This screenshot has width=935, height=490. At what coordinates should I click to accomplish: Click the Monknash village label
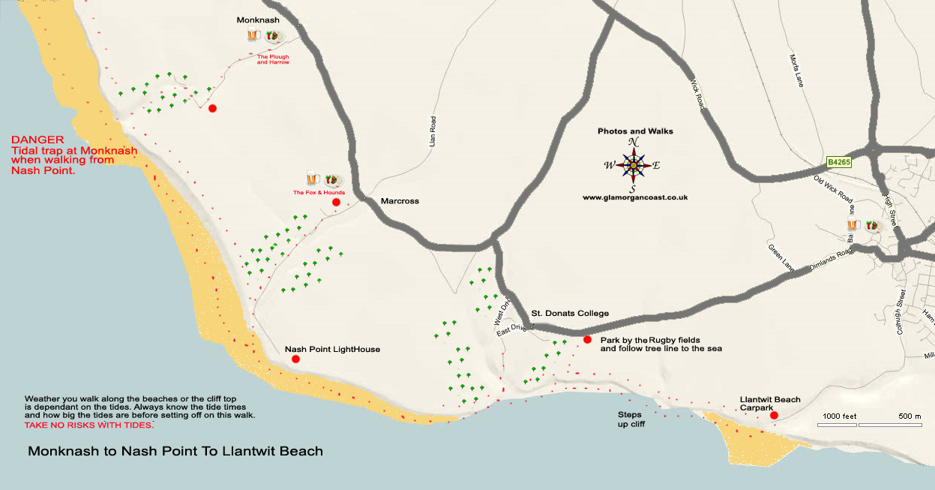258,20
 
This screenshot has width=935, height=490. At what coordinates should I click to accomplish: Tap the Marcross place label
400,201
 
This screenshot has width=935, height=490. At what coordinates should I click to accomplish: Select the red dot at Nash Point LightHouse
295,359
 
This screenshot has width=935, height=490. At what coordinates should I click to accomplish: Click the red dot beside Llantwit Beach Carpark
774,415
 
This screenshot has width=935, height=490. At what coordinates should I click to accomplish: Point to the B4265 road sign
840,161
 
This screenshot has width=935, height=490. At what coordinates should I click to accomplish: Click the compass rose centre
634,165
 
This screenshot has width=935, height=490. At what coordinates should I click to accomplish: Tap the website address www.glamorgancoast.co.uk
635,197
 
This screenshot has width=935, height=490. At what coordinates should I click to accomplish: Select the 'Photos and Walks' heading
635,131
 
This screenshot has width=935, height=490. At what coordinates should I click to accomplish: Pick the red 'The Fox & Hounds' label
318,193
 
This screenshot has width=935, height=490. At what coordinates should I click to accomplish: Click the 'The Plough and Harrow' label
273,59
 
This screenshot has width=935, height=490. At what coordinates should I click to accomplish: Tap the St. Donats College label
570,313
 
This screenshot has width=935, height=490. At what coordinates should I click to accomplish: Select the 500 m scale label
910,416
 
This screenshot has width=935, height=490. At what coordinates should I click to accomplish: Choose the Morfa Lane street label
796,71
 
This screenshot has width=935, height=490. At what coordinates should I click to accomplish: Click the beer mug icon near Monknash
253,35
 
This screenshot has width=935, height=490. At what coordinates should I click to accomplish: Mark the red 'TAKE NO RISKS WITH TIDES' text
88,425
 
